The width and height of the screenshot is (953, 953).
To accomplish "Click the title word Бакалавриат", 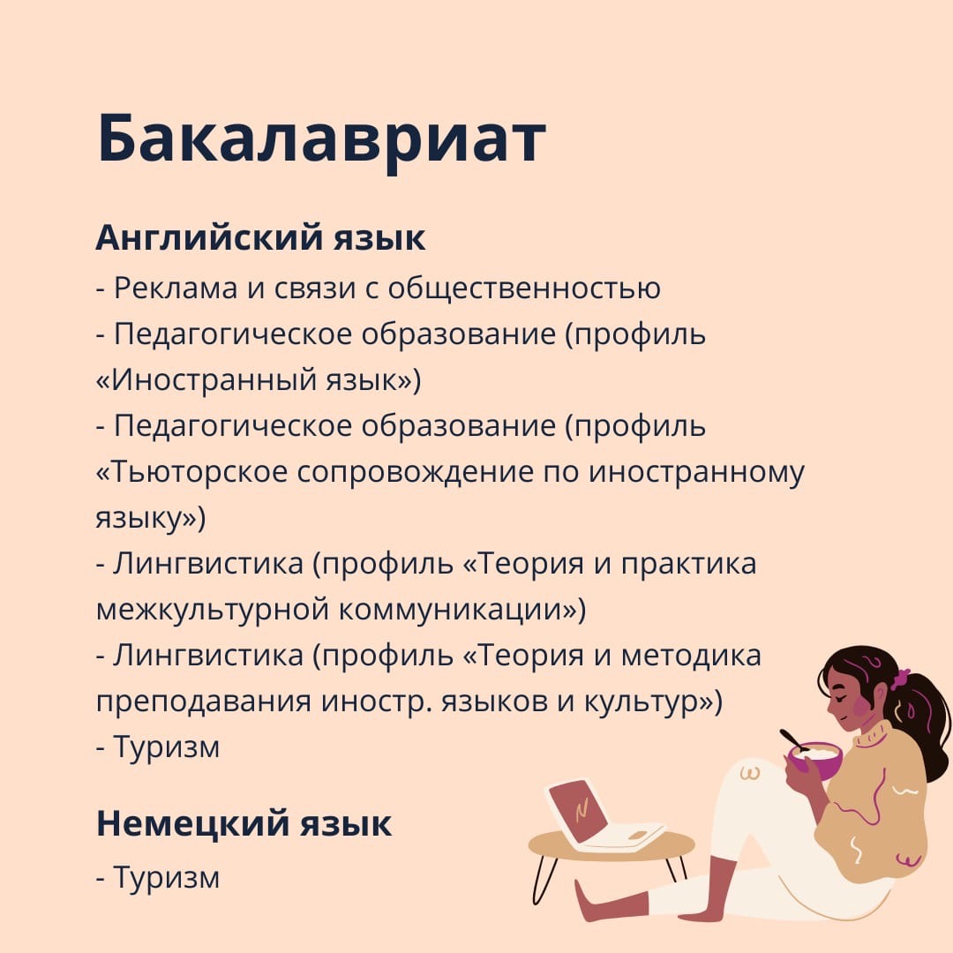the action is (x=321, y=139).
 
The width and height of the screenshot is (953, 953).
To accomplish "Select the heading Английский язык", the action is (x=260, y=237).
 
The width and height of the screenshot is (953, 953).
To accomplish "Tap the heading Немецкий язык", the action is (x=244, y=823).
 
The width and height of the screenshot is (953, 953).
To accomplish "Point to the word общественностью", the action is (x=524, y=288).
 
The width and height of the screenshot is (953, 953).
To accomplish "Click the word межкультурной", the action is (x=213, y=610).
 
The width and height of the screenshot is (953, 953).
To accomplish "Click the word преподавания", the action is (x=204, y=702).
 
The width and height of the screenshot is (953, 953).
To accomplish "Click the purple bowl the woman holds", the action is (x=815, y=761).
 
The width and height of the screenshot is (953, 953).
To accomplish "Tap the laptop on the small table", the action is (x=602, y=818).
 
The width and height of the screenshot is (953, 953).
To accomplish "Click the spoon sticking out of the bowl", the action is (x=794, y=739).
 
